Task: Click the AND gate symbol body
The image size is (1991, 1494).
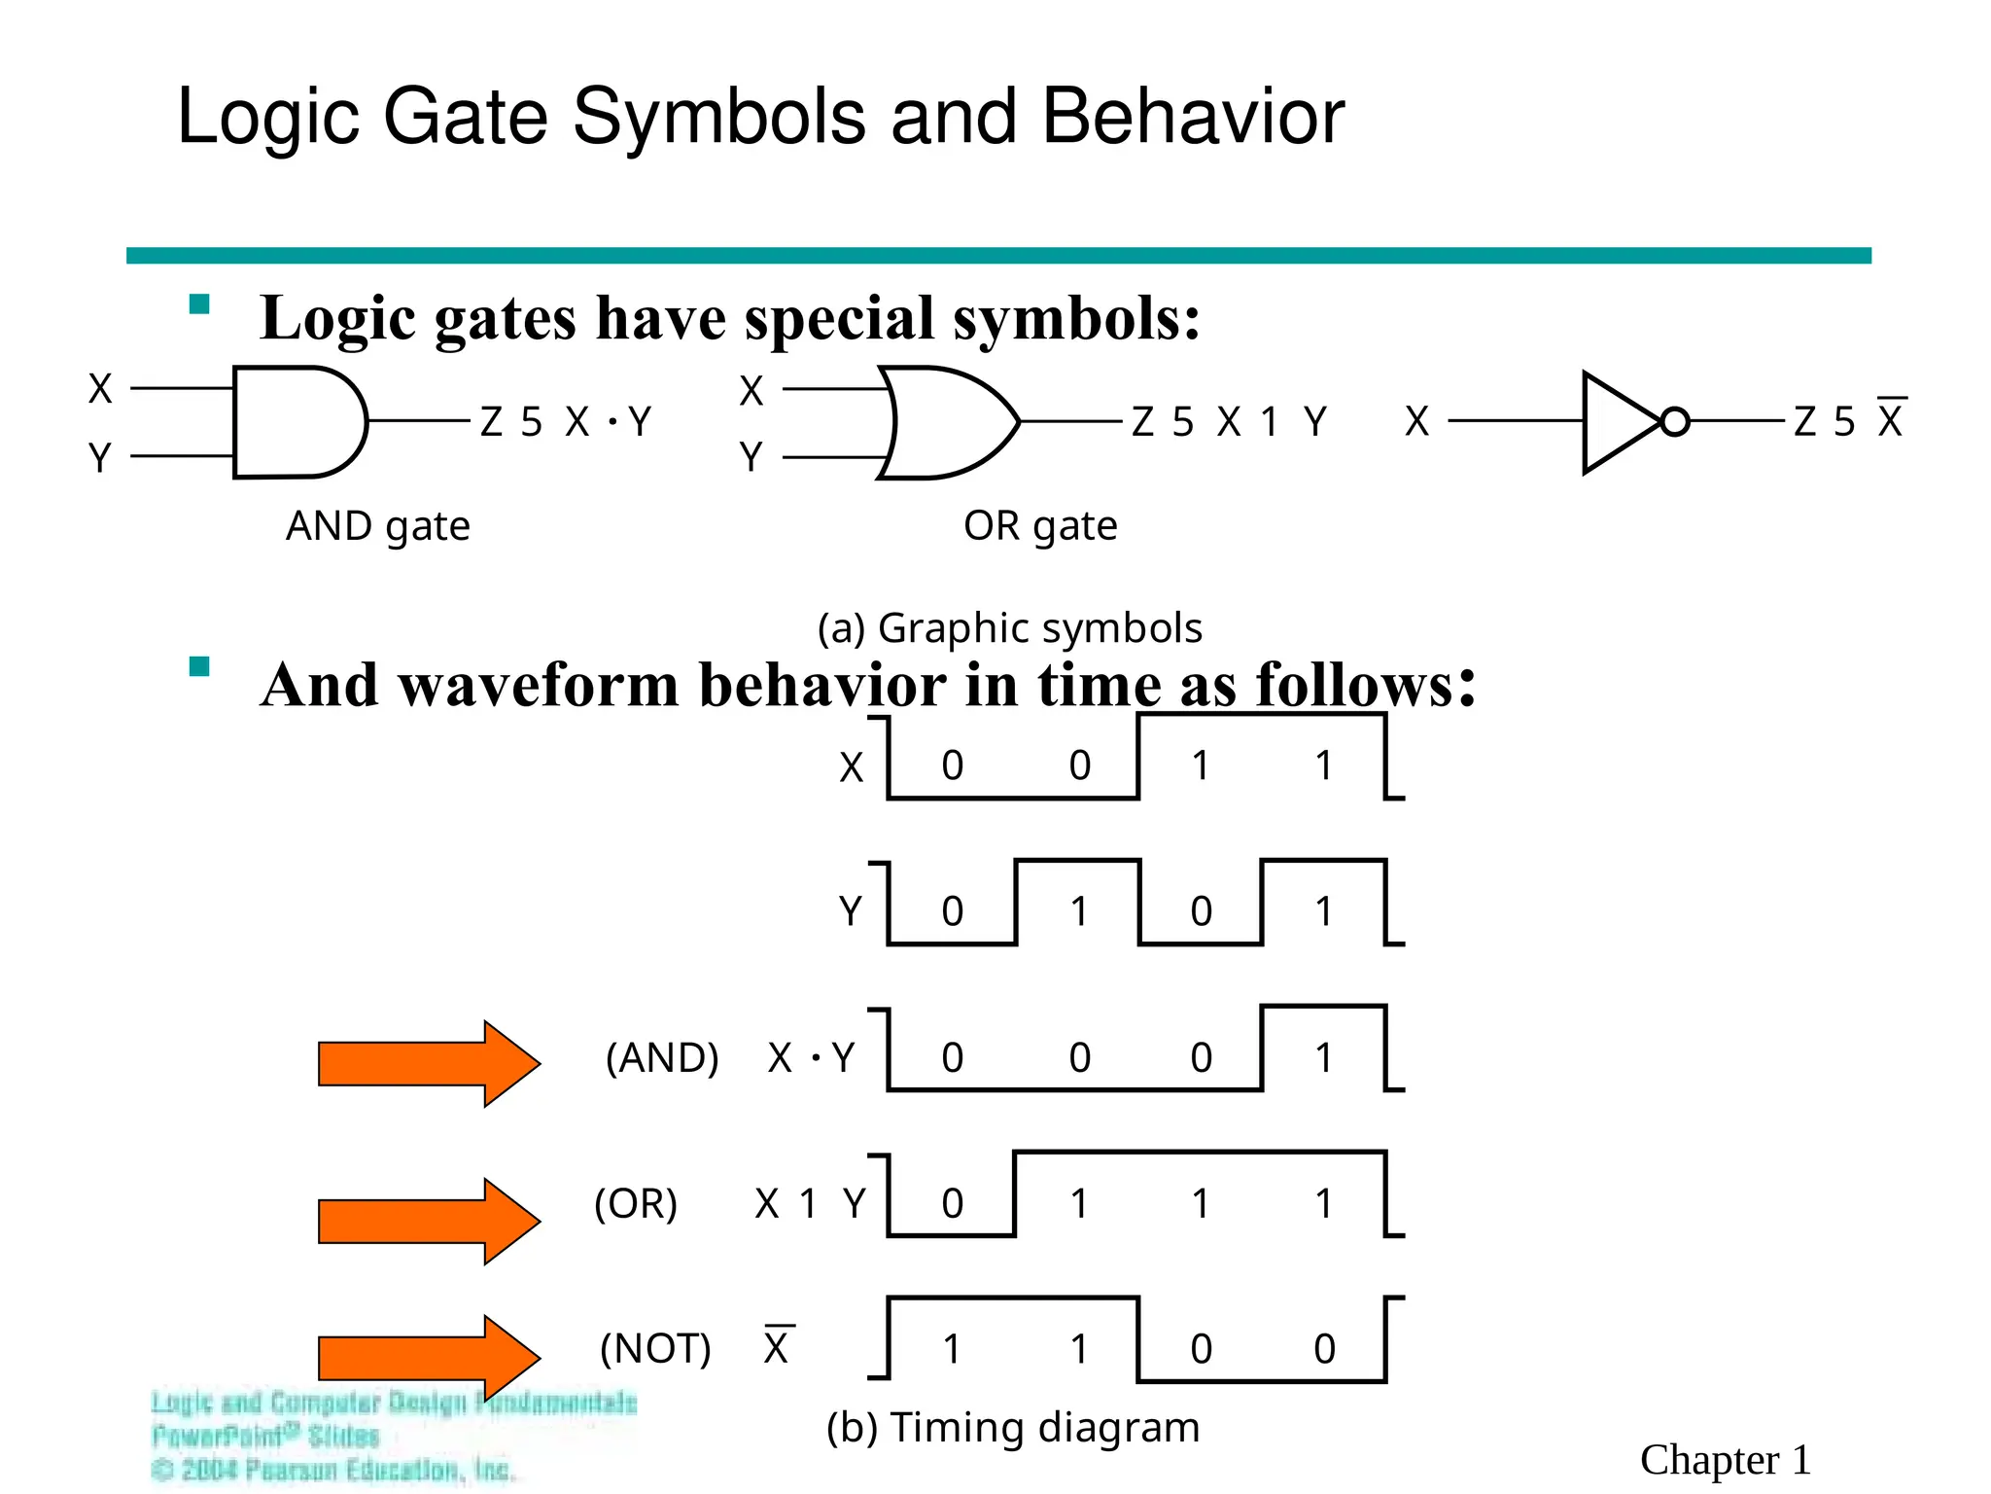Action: tap(297, 422)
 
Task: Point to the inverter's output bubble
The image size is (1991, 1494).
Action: tap(1674, 422)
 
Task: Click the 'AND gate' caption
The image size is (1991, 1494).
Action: tap(377, 526)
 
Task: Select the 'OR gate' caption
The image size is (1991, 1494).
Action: tap(1040, 526)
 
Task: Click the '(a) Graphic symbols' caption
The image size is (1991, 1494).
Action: tap(1009, 628)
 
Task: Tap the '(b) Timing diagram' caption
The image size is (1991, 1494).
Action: tap(1013, 1428)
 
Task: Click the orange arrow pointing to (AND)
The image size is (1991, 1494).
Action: tap(429, 1063)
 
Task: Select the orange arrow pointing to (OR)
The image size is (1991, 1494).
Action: tap(429, 1221)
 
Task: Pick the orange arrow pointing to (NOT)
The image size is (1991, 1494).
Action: tap(429, 1358)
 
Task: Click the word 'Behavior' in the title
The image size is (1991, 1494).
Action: tap(1193, 117)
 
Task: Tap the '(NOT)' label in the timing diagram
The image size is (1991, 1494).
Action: tap(655, 1349)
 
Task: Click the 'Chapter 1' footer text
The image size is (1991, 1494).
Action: tap(1725, 1460)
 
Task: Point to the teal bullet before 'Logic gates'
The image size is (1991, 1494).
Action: tap(199, 304)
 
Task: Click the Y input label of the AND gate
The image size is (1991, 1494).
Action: tap(99, 457)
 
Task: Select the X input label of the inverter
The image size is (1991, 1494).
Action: tap(1416, 422)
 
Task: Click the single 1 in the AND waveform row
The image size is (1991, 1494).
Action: tap(1323, 1057)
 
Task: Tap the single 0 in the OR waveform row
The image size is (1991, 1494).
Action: tap(952, 1204)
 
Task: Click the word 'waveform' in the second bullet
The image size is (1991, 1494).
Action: tap(539, 685)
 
